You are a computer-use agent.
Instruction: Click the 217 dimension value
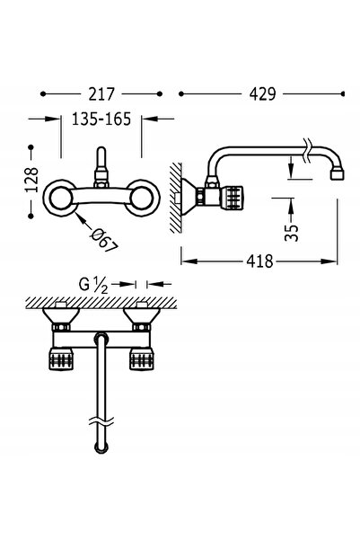pyautogui.click(x=101, y=94)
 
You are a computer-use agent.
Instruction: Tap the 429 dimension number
pyautogui.click(x=263, y=94)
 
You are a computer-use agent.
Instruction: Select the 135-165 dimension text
pyautogui.click(x=101, y=120)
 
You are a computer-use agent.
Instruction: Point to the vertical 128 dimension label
pyautogui.click(x=31, y=180)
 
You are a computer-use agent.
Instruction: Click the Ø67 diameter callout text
pyautogui.click(x=103, y=240)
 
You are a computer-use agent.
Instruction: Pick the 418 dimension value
pyautogui.click(x=259, y=261)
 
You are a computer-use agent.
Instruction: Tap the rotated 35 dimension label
pyautogui.click(x=292, y=233)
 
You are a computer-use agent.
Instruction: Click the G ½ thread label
pyautogui.click(x=93, y=285)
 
